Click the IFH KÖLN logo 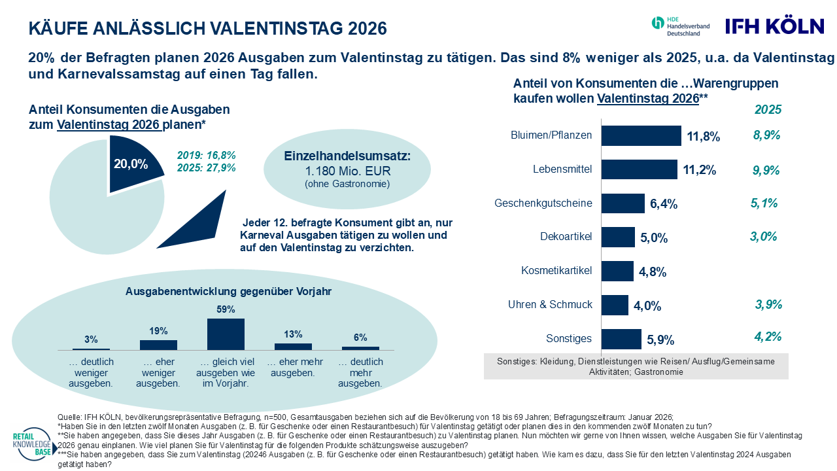click(x=774, y=26)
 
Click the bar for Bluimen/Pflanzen click(x=641, y=136)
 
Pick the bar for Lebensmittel click(x=639, y=169)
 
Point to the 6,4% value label click(x=663, y=204)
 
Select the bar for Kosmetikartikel click(x=617, y=271)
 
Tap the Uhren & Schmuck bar click(x=615, y=305)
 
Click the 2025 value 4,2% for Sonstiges click(x=768, y=338)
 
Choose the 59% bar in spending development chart click(x=226, y=334)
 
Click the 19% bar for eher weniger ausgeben click(x=158, y=345)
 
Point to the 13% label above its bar click(x=293, y=334)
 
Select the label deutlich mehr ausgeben click(x=360, y=372)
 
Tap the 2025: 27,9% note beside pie click(x=206, y=167)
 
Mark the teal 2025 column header click(x=768, y=110)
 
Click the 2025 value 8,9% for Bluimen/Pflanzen click(x=767, y=135)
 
